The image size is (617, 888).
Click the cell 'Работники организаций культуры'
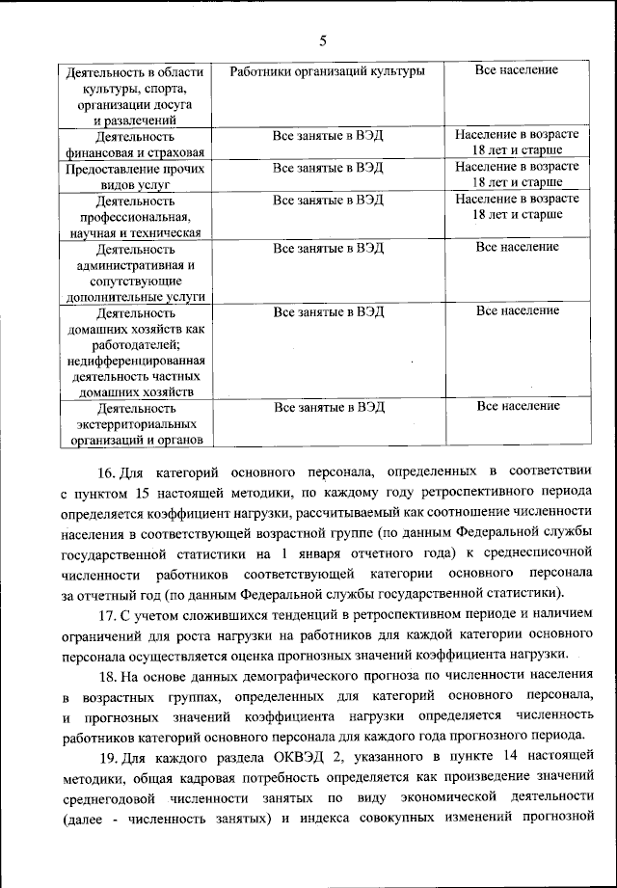coord(327,71)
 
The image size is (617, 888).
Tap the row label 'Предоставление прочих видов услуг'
coord(135,175)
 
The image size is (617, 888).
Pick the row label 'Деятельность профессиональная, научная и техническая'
coord(135,216)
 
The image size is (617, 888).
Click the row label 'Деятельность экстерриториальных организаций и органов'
coord(135,424)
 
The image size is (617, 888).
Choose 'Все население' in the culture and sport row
coord(517,70)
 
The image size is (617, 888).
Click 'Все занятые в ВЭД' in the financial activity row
coord(328,138)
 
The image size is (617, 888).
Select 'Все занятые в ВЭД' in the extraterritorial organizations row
coord(328,408)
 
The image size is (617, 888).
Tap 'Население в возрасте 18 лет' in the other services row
coord(518,174)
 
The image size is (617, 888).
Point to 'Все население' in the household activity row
coord(518,310)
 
